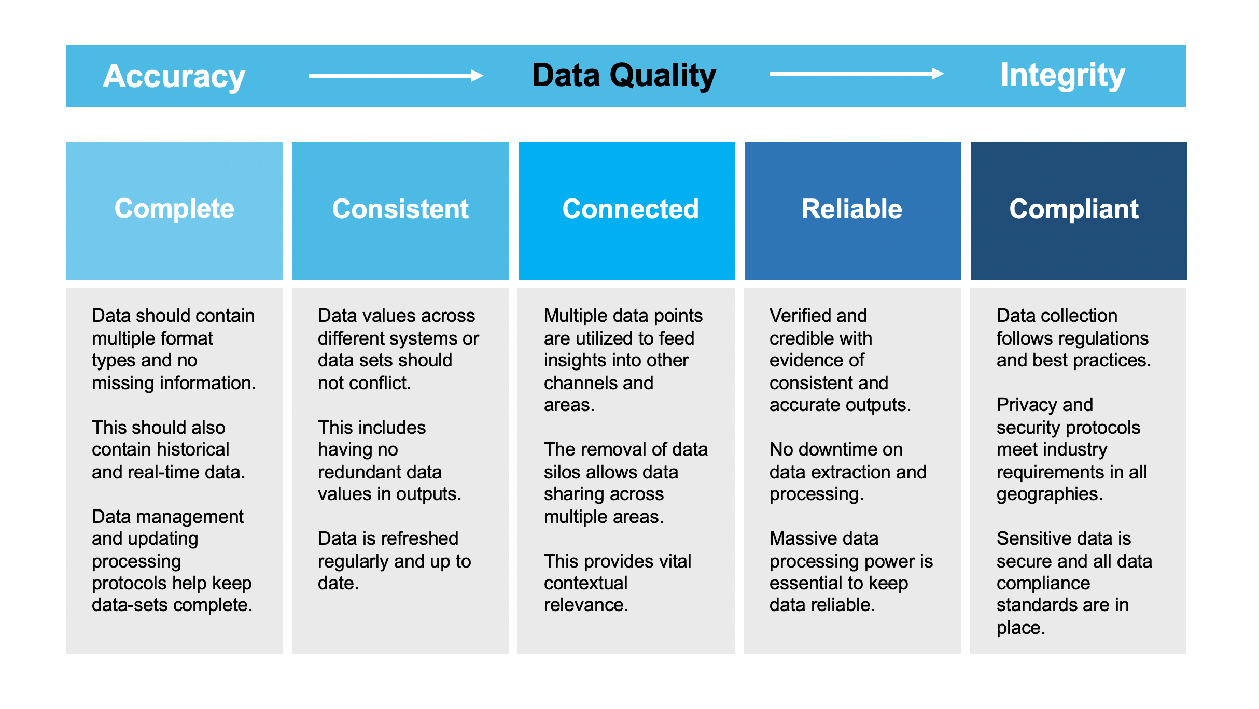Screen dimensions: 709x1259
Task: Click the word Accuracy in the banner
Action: pyautogui.click(x=174, y=77)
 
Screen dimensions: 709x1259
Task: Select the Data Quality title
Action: pyautogui.click(x=624, y=76)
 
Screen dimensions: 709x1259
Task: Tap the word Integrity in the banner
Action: pyautogui.click(x=1062, y=75)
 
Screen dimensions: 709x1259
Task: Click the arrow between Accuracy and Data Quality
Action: pyautogui.click(x=396, y=76)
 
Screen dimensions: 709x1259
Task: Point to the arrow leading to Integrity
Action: pyautogui.click(x=856, y=74)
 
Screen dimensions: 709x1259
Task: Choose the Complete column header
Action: pyautogui.click(x=174, y=209)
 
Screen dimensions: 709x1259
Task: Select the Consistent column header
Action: pyautogui.click(x=400, y=209)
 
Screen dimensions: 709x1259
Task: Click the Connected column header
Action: pyautogui.click(x=631, y=209)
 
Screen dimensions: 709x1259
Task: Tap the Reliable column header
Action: pyautogui.click(x=852, y=209)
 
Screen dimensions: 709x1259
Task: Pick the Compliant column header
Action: pyautogui.click(x=1074, y=209)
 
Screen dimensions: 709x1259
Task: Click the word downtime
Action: pyautogui.click(x=835, y=449)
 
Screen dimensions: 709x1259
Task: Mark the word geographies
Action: pyautogui.click(x=1049, y=494)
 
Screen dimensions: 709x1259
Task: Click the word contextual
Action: pyautogui.click(x=585, y=583)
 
